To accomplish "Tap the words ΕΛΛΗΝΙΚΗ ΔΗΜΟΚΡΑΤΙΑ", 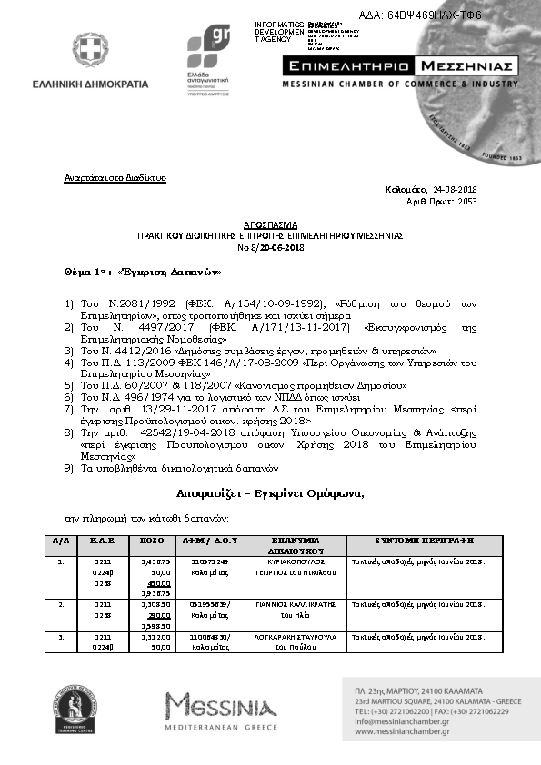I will (x=102, y=84).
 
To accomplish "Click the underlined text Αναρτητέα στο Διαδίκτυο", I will (x=115, y=178).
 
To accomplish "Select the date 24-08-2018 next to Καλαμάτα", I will (x=456, y=190).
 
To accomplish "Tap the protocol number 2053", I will (x=466, y=201).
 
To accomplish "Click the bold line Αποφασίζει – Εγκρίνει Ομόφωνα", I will (x=270, y=493).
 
